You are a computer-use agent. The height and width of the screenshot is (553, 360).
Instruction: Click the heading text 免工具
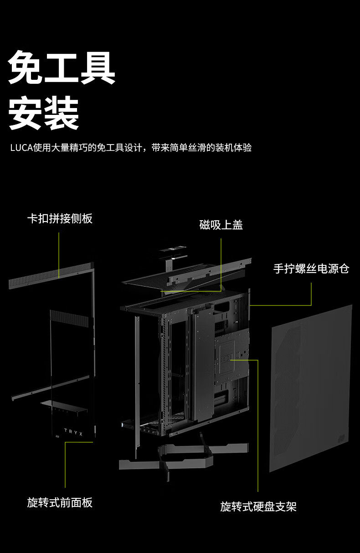click(62, 67)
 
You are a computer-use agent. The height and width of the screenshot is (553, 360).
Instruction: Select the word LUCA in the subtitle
click(21, 148)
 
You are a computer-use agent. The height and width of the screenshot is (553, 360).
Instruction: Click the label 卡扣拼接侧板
click(60, 218)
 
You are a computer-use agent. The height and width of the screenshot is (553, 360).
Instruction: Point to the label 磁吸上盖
click(221, 225)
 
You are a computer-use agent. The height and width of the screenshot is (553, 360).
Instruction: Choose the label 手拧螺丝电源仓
click(311, 269)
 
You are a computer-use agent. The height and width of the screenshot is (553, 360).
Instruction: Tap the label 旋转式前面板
click(60, 502)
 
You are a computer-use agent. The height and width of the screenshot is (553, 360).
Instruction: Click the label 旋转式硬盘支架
click(258, 506)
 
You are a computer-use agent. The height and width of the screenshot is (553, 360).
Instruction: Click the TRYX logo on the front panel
click(73, 431)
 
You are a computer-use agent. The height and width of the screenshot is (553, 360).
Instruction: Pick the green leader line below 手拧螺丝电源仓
click(311, 295)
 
